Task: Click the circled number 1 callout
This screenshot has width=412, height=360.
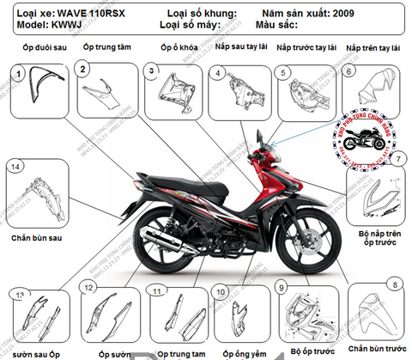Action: pos(15,75)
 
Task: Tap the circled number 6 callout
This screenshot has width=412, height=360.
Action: pos(349,73)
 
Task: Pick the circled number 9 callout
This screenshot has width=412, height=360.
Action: pos(282,285)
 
